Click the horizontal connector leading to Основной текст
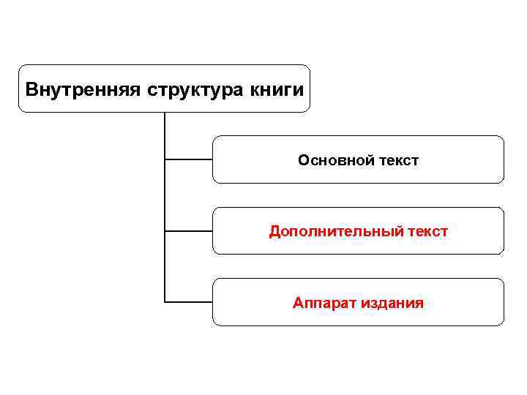point(189,159)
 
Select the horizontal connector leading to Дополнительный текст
point(189,230)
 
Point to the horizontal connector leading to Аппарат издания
point(189,301)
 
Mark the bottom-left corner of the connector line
point(165,301)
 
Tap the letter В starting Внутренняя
point(31,90)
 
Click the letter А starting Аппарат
point(298,303)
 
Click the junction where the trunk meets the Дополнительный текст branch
point(165,230)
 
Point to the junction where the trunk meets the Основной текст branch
point(165,159)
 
